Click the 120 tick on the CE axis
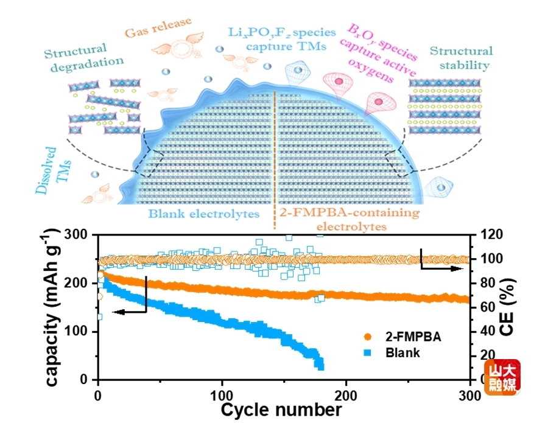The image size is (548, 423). (x=490, y=235)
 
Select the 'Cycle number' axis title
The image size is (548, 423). (x=281, y=410)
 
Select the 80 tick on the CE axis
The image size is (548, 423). (x=488, y=283)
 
